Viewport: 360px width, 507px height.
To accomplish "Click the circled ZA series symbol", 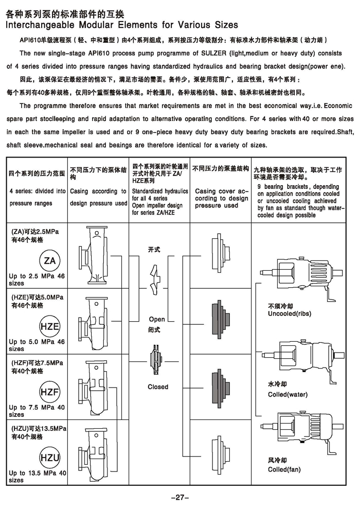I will point(50,261).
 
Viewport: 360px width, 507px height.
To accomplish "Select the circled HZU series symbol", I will point(50,458).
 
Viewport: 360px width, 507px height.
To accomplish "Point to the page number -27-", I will point(179,497).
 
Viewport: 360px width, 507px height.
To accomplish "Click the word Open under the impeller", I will point(157,320).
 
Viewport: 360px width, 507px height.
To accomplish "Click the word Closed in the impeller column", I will point(158,387).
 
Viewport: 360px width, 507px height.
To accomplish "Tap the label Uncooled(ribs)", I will point(290,313).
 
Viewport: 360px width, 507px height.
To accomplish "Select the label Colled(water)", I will point(287,395).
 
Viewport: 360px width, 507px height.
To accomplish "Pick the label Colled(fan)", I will point(284,469).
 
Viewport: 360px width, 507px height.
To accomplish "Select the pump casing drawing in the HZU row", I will point(94,454).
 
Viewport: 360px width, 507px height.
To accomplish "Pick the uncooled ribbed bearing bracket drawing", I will point(303,272).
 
